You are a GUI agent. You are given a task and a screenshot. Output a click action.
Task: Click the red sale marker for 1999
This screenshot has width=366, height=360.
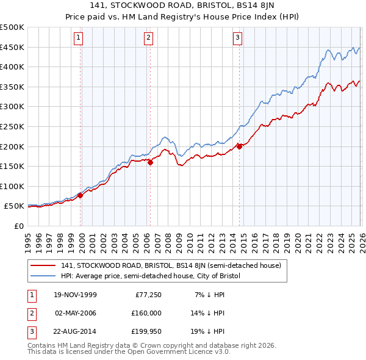pyautogui.click(x=81, y=195)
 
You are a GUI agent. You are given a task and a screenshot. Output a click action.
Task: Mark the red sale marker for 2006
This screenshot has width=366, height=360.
pyautogui.click(x=150, y=162)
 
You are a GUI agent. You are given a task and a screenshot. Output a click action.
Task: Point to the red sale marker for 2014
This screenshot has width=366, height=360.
pyautogui.click(x=239, y=146)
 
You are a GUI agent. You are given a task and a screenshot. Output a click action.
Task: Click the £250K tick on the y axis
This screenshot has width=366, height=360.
pyautogui.click(x=12, y=126)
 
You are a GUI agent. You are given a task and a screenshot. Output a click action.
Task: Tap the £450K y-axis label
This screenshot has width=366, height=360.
pyautogui.click(x=12, y=47)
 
